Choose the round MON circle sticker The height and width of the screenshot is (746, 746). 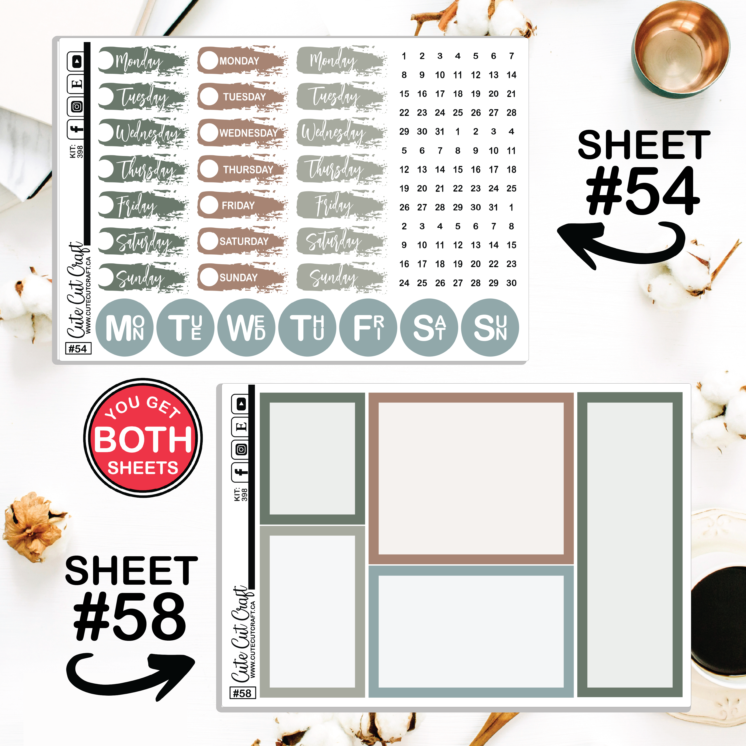[x=124, y=327]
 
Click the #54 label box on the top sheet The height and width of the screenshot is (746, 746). [x=78, y=349]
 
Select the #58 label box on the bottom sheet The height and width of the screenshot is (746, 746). [x=243, y=693]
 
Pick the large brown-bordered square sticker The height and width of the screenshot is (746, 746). [x=471, y=479]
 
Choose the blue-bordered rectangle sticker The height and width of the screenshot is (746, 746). [x=471, y=632]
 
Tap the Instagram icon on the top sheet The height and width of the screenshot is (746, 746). [x=77, y=107]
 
